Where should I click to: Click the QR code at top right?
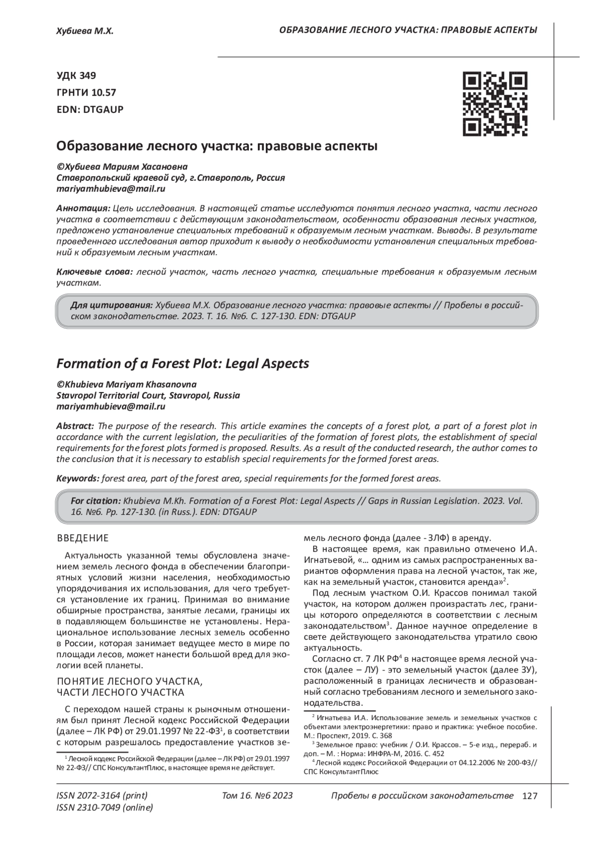495,104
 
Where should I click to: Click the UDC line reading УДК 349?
76,76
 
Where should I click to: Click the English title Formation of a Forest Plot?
183,364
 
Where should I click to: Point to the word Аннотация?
83,208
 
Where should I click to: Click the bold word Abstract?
75,426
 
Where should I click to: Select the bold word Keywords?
78,478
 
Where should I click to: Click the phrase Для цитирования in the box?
111,305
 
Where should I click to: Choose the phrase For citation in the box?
96,501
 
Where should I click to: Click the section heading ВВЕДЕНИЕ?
83,538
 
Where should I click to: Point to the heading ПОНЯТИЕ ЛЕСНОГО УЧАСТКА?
130,681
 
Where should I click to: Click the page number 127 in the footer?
530,796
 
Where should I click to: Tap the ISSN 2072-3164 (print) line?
102,795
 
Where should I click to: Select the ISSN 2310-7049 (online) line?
105,807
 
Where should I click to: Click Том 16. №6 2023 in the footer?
257,795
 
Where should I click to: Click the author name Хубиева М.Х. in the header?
85,31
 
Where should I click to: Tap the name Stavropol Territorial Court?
111,395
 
